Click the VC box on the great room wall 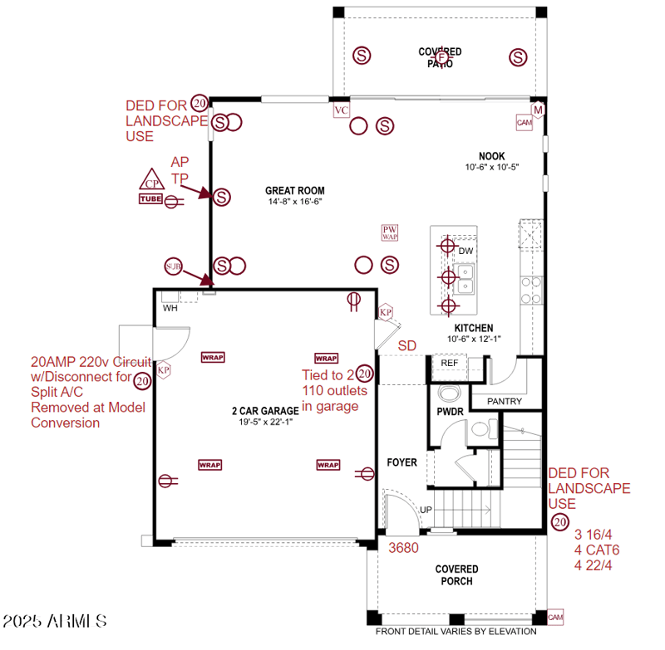(x=341, y=110)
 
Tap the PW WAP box (x=390, y=232)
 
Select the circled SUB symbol (x=173, y=266)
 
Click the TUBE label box (x=150, y=198)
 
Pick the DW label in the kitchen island (x=465, y=250)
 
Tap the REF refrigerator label (x=450, y=363)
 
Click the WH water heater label (x=170, y=308)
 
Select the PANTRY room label (x=505, y=402)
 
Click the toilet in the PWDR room (x=450, y=393)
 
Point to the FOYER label (x=402, y=462)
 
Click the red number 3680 (x=403, y=547)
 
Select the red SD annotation (x=406, y=345)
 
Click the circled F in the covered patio (x=441, y=56)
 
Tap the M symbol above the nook (x=538, y=110)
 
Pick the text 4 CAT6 (x=596, y=550)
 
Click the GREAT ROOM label (x=294, y=190)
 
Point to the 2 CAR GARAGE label (x=264, y=411)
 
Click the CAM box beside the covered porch (x=555, y=618)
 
